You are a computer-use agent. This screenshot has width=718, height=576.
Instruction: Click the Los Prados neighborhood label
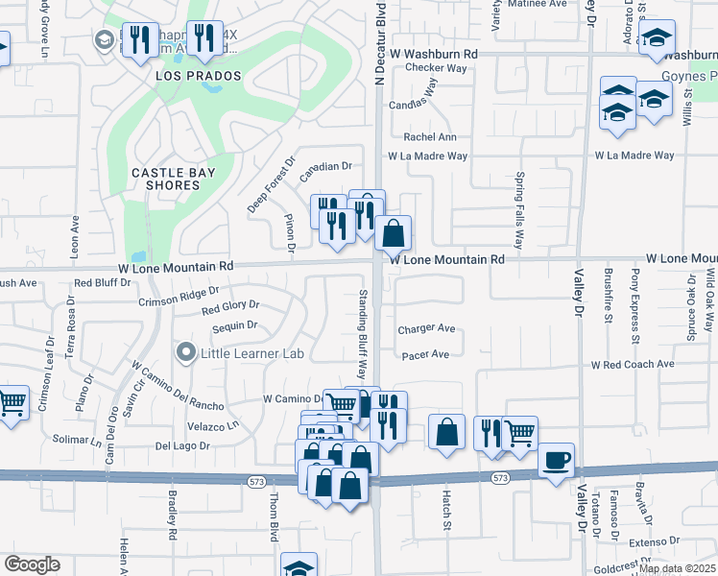[x=199, y=76]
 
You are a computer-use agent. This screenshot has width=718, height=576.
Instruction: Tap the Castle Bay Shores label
[x=173, y=179]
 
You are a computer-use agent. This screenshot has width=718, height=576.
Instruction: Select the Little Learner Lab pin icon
[x=186, y=354]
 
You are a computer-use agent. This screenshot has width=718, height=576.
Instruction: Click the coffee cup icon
[x=557, y=460]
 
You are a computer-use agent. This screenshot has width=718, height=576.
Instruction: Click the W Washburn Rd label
[x=433, y=55]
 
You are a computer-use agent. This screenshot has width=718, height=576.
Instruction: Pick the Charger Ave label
[x=426, y=328]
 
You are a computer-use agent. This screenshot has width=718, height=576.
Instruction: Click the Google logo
[x=32, y=564]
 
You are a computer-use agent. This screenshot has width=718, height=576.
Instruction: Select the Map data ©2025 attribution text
[x=677, y=568]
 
